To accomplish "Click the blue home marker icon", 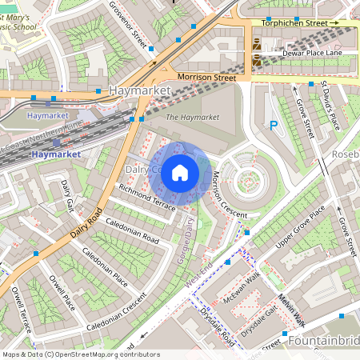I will click(x=180, y=173).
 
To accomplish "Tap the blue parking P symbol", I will click(x=274, y=125).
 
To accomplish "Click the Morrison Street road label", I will click(x=206, y=78).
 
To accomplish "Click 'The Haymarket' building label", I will click(x=186, y=118).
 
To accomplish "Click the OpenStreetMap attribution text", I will click(x=81, y=354).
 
